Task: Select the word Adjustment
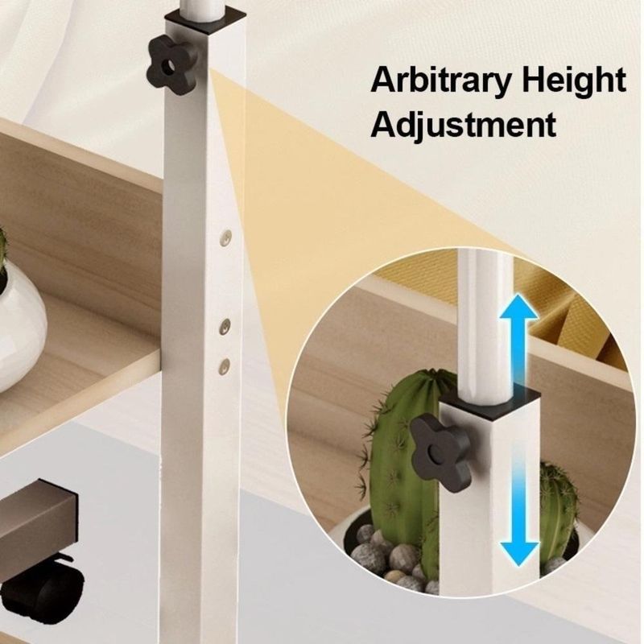pos(464,124)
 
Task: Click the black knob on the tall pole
pos(171,65)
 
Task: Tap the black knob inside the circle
pos(441,450)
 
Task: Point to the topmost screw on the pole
pos(225,237)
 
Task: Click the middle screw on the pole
pos(225,326)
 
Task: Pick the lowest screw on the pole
pos(225,366)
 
